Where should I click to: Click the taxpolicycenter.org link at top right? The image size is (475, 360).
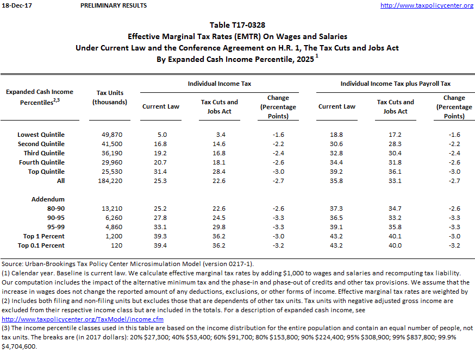(427, 5)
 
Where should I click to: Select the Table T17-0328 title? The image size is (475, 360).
(237, 25)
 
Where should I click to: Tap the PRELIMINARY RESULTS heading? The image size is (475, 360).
(113, 5)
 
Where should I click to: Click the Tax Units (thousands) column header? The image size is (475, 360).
(109, 97)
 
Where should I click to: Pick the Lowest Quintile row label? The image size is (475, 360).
(41, 135)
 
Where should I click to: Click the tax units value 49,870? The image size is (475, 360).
(109, 135)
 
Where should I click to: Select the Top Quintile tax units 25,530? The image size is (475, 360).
(109, 172)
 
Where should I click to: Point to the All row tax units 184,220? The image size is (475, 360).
(109, 181)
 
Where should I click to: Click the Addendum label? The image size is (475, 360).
(48, 199)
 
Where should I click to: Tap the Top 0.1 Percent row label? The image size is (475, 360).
(41, 245)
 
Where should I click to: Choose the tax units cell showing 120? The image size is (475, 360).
(109, 245)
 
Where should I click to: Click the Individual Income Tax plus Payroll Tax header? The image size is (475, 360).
(395, 84)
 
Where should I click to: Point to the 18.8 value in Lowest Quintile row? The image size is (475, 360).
(337, 135)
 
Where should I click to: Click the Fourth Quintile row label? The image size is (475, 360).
(41, 162)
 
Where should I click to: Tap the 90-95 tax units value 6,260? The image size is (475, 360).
(109, 218)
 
